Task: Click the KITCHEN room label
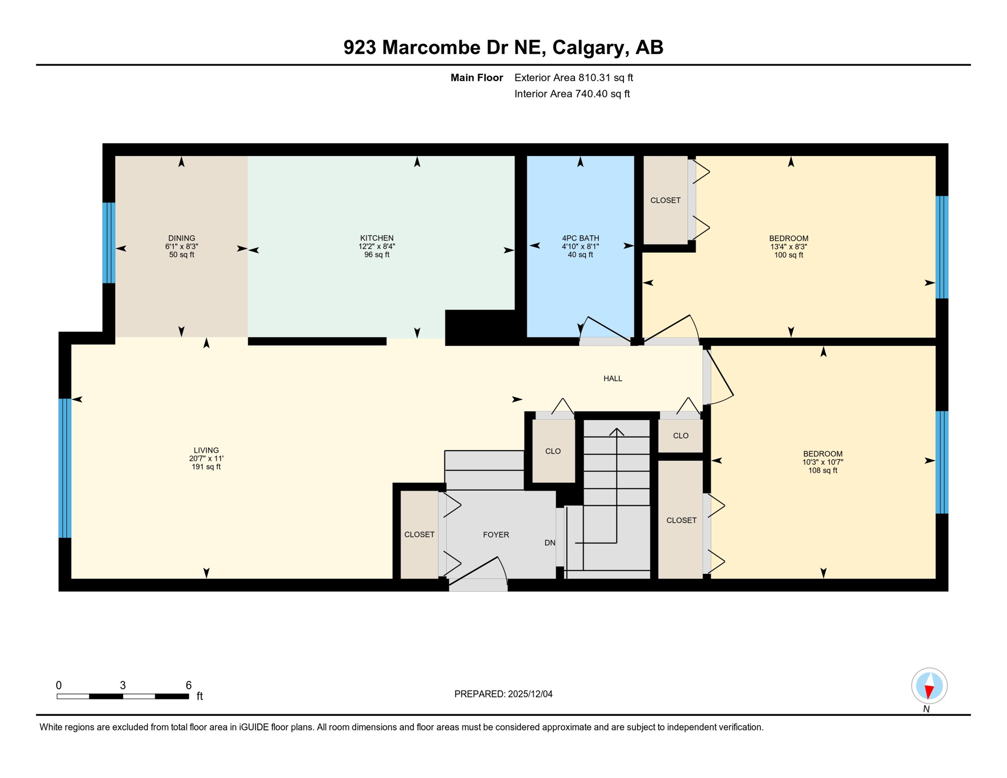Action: pos(376,238)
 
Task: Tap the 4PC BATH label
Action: pos(580,238)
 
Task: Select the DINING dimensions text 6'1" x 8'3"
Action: pos(181,247)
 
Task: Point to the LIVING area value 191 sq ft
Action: pos(206,467)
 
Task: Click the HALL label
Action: pos(612,378)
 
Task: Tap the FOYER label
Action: pos(495,535)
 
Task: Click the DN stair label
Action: pos(550,543)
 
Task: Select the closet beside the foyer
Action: pos(419,535)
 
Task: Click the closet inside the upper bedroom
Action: pos(665,201)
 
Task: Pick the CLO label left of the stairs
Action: pos(553,451)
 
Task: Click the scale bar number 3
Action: pos(123,685)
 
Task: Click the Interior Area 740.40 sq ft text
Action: pos(572,94)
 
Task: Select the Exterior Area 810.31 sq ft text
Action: pos(573,77)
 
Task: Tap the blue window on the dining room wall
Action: pos(108,243)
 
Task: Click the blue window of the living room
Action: pos(65,468)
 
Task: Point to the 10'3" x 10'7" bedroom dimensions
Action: pos(823,462)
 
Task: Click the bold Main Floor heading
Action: pos(476,77)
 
